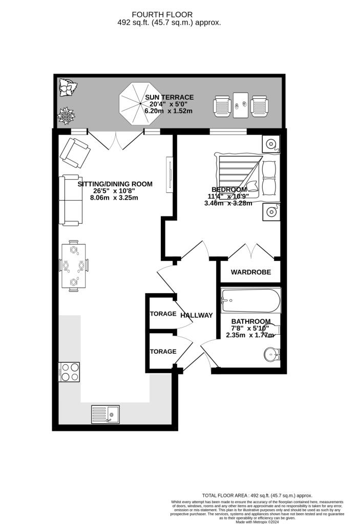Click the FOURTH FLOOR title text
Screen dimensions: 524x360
170,14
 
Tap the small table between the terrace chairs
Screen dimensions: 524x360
240,105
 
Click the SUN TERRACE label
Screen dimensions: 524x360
169,97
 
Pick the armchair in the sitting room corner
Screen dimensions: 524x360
75,152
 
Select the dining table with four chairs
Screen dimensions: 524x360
74,266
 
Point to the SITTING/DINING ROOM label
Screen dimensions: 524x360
115,184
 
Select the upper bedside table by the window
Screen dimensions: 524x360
271,144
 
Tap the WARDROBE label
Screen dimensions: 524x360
250,272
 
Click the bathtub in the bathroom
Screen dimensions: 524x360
250,301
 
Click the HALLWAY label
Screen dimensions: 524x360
196,315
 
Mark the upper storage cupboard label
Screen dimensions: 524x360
163,314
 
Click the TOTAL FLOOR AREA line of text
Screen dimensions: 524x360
257,495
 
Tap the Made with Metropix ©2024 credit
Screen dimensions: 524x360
257,521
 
